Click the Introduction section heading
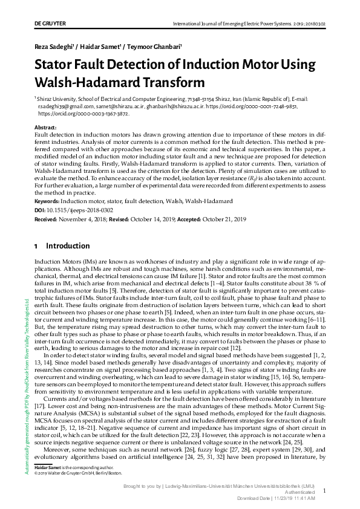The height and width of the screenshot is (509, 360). (x=68, y=246)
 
